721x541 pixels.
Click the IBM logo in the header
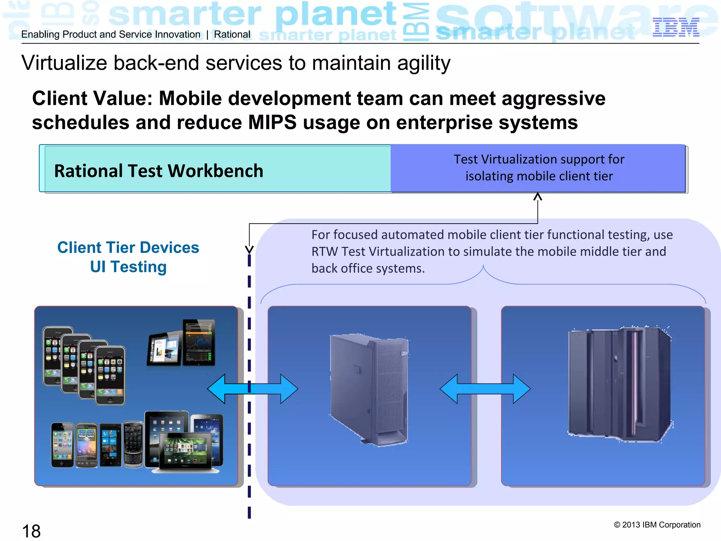tap(676, 27)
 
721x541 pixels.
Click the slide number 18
tap(31, 531)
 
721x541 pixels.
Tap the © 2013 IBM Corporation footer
tap(657, 525)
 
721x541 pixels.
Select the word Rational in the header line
tap(232, 35)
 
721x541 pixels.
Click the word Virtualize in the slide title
tap(64, 63)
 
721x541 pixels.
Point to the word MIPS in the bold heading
tap(272, 123)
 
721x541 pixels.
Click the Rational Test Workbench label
tap(159, 171)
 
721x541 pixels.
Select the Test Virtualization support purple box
tap(538, 168)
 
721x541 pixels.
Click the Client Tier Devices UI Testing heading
tap(128, 257)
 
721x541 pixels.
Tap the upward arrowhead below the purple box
tap(538, 197)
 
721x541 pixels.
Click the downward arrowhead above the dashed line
tap(249, 249)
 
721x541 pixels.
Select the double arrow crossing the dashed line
tap(252, 389)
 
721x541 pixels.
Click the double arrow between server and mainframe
tap(485, 389)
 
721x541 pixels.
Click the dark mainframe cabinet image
tap(620, 384)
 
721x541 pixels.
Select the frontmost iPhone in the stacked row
tap(110, 375)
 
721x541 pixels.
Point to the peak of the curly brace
tap(483, 267)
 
